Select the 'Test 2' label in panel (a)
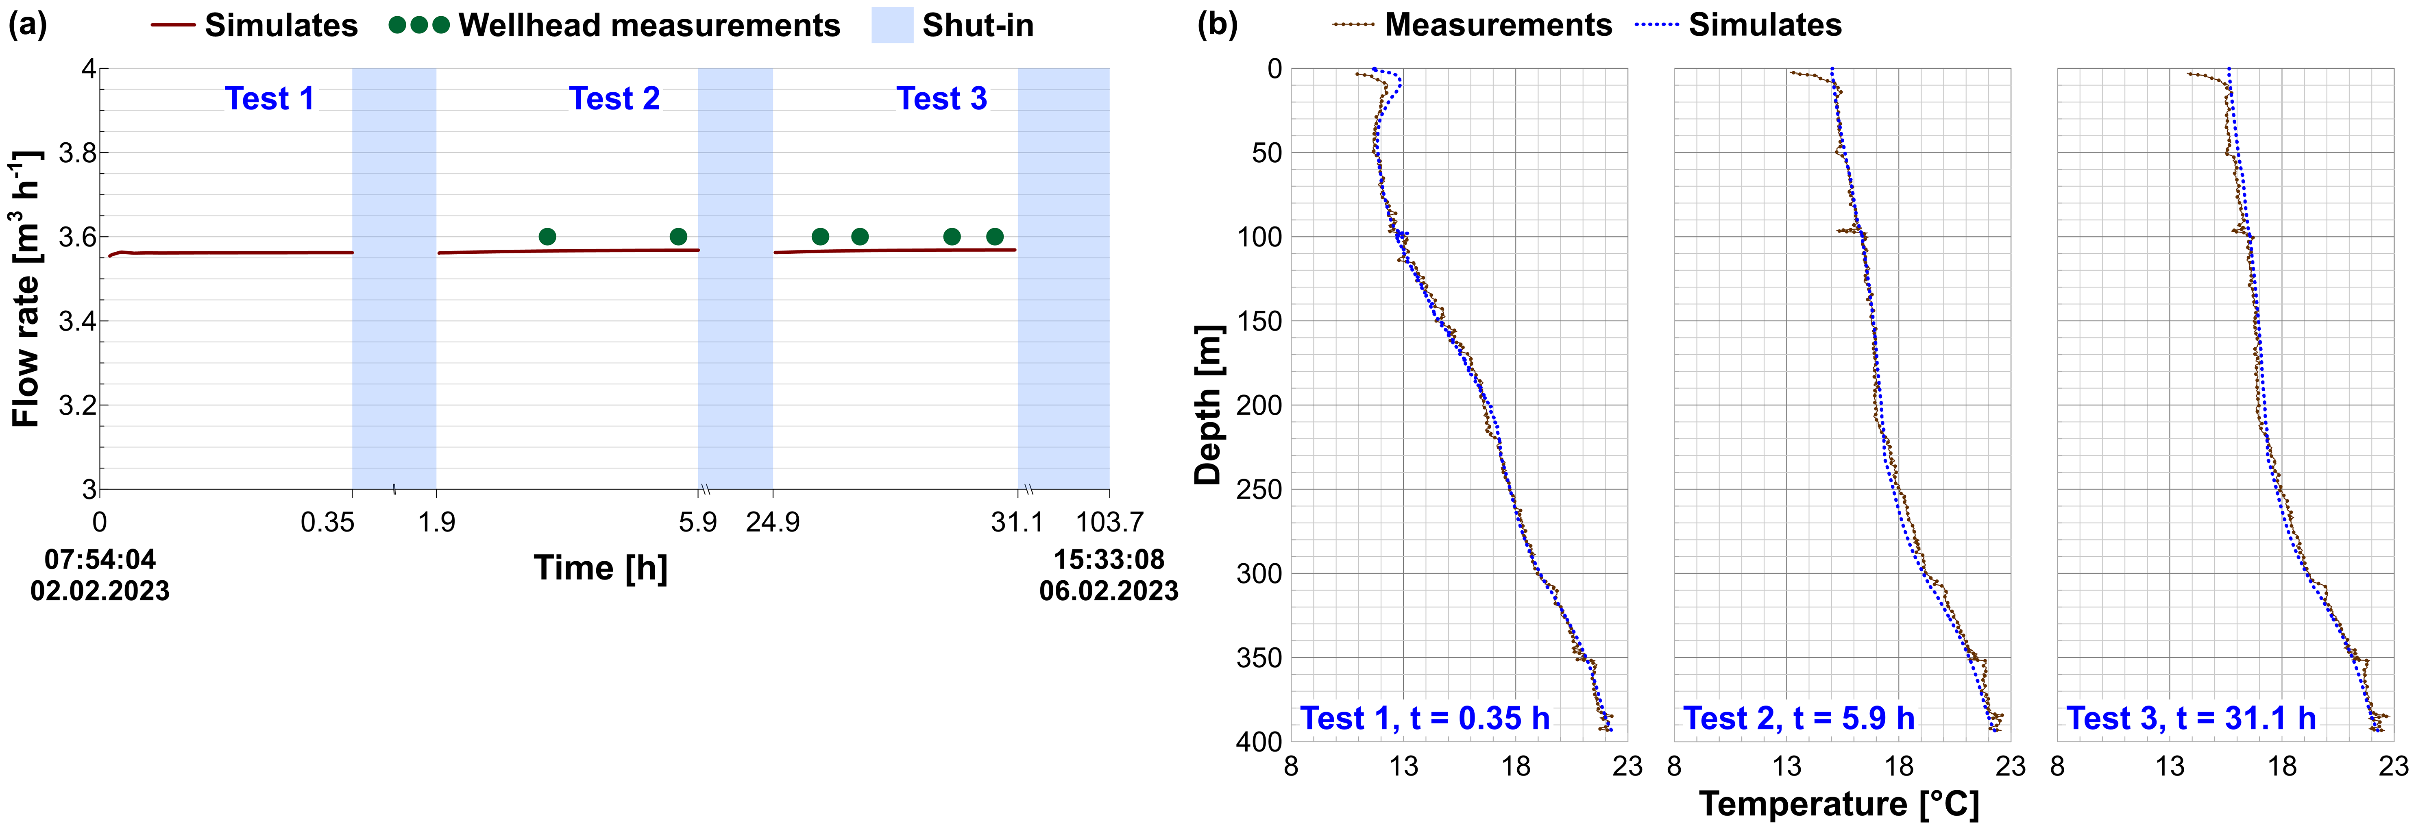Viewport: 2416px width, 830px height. [x=614, y=98]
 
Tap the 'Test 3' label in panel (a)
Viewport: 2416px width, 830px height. [x=942, y=98]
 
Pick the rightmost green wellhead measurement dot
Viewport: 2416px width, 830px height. [x=995, y=236]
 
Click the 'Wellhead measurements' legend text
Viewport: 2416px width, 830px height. [x=649, y=25]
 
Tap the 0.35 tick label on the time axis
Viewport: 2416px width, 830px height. [x=327, y=523]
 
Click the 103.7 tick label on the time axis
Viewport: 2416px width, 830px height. [x=1109, y=523]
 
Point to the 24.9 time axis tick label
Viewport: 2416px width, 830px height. [x=773, y=523]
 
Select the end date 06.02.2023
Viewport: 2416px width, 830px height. [x=1109, y=591]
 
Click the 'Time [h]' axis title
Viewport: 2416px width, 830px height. [x=600, y=569]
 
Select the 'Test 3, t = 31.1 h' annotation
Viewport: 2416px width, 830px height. [x=2191, y=719]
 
